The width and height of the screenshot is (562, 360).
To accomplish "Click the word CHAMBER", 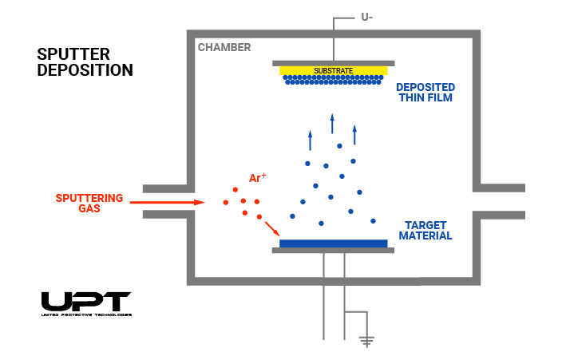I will click(224, 48).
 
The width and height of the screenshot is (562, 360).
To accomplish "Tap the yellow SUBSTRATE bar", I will click(333, 70).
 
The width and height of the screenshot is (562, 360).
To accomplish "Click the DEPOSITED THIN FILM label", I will click(425, 93).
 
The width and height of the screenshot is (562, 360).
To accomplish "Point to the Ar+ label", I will click(258, 178).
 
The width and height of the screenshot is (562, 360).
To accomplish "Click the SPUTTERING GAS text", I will click(89, 203).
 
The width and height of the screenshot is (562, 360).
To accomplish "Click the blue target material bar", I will click(333, 243).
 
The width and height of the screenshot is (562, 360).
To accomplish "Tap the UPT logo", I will click(85, 302).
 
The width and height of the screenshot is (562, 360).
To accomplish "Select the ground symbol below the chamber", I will click(366, 341).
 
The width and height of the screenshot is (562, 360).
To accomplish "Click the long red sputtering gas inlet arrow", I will click(167, 203).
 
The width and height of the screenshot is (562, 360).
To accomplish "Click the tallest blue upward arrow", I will click(332, 124).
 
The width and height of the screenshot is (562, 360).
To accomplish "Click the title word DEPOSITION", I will click(85, 70).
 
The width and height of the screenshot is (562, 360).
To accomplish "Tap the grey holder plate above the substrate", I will click(333, 62).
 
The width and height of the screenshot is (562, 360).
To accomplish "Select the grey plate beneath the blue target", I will click(333, 251).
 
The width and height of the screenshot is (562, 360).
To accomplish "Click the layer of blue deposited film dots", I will click(333, 79).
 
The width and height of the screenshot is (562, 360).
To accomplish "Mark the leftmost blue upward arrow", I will click(310, 140).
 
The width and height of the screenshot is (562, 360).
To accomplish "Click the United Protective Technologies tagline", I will click(85, 315).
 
